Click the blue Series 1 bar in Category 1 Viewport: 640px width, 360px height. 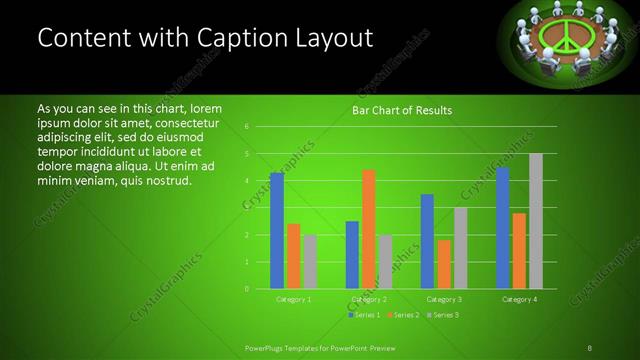point(277,230)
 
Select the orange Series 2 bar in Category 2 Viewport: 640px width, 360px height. point(368,229)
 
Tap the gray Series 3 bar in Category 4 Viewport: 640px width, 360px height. point(536,221)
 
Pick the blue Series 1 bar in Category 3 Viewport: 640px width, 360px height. point(427,241)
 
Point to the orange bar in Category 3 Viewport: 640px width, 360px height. point(443,264)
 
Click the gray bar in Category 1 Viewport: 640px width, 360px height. point(310,262)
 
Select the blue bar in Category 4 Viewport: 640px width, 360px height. point(502,228)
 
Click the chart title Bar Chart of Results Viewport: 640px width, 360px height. point(402,111)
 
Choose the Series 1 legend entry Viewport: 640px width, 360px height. point(364,315)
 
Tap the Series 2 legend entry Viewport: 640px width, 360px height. point(402,315)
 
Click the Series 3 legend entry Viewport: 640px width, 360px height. point(441,315)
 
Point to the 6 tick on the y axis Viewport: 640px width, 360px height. point(246,127)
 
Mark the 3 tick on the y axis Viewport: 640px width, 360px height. point(246,208)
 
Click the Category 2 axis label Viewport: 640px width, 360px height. point(368,299)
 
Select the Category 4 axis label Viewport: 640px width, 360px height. point(518,299)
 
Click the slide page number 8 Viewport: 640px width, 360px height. point(589,347)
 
